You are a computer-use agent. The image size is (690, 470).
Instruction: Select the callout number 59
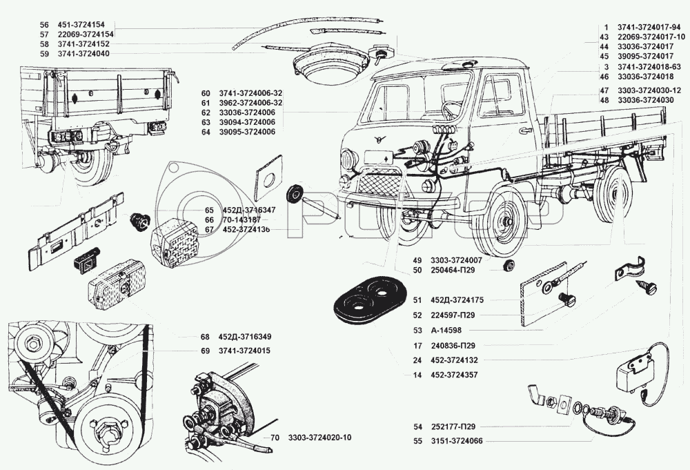(43, 54)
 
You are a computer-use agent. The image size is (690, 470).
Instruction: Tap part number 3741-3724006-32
(250, 93)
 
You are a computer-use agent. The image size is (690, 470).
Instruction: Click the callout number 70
(275, 438)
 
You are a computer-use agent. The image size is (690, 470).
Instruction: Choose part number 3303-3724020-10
(320, 438)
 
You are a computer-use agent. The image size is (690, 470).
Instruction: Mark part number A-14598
(446, 331)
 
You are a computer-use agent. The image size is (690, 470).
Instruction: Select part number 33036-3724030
(646, 100)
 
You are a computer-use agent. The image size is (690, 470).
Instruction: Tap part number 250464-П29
(453, 271)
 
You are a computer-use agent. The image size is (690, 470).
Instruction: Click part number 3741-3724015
(244, 351)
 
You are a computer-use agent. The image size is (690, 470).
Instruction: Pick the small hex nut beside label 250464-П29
(510, 265)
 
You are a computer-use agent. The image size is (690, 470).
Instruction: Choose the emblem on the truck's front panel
(378, 140)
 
